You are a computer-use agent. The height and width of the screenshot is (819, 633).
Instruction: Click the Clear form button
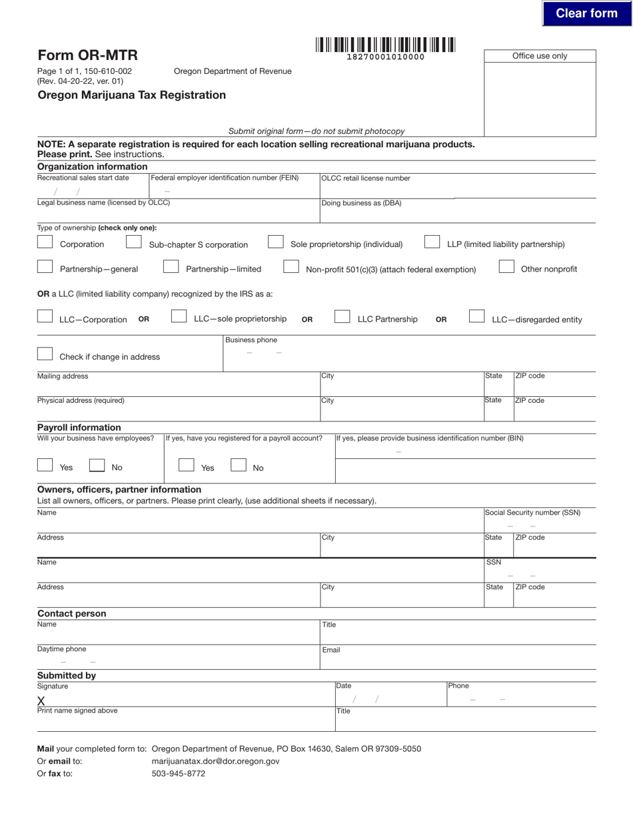tap(586, 13)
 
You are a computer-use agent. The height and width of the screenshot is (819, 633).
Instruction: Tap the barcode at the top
tap(385, 45)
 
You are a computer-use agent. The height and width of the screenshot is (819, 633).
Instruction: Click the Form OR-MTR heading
tap(87, 55)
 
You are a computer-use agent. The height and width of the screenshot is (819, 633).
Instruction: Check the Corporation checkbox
tap(45, 242)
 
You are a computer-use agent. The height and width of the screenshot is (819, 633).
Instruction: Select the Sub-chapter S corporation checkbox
tap(134, 242)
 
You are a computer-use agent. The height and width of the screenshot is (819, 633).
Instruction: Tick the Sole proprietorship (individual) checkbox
tap(276, 242)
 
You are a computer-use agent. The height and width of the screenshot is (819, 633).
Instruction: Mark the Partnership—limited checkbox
tap(171, 267)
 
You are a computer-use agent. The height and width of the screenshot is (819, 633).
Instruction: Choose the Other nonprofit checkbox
tap(506, 267)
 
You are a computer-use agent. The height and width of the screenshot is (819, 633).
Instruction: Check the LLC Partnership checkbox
tap(342, 317)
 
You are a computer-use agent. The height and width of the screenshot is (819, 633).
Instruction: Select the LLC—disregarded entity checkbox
tap(476, 317)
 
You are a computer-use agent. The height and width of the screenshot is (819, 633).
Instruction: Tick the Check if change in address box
tap(45, 354)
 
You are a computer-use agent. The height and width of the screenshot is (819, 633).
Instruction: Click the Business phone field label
tap(251, 340)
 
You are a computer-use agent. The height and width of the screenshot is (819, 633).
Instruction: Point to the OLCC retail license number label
tap(366, 178)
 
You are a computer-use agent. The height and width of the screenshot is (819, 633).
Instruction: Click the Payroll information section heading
tap(79, 427)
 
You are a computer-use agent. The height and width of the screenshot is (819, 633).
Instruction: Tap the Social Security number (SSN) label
tap(532, 513)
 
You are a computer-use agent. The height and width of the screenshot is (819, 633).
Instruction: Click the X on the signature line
tap(41, 700)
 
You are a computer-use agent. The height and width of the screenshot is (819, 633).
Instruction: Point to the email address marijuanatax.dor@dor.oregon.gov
tap(216, 761)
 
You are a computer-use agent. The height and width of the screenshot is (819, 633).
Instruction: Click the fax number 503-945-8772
tap(179, 774)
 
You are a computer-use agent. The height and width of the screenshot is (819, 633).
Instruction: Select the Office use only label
tap(540, 56)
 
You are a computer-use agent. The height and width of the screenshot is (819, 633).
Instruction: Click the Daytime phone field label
tap(61, 649)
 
